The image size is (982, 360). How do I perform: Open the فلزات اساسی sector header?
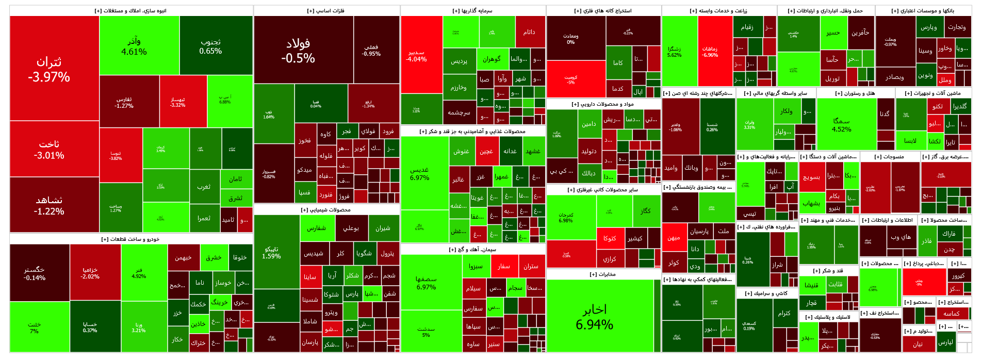point(326,10)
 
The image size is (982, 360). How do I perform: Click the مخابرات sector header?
point(603,274)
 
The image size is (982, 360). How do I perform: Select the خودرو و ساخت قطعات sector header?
point(130,239)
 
